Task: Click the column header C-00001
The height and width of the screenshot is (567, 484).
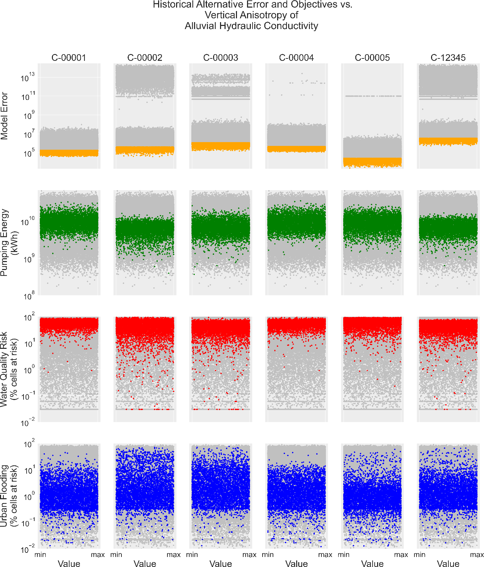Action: (69, 58)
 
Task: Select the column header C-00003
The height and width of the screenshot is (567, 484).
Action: (220, 58)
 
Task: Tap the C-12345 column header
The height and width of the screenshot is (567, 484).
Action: (448, 58)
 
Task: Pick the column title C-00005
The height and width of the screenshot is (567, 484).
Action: (372, 58)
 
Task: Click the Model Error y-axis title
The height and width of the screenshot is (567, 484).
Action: (4, 116)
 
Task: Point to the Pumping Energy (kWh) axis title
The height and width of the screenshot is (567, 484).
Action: (9, 242)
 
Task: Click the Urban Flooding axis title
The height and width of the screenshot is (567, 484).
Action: (9, 496)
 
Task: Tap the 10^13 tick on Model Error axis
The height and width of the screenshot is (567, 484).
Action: (27, 77)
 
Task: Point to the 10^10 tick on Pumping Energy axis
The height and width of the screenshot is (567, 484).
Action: (27, 222)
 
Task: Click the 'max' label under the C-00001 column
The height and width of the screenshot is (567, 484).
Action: (98, 555)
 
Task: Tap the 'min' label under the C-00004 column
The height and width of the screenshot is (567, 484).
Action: (267, 555)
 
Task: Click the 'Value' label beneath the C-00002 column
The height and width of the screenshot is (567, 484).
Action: (145, 564)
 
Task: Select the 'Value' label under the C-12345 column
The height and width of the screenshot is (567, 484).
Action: (448, 564)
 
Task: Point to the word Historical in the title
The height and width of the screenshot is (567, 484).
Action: (174, 4)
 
